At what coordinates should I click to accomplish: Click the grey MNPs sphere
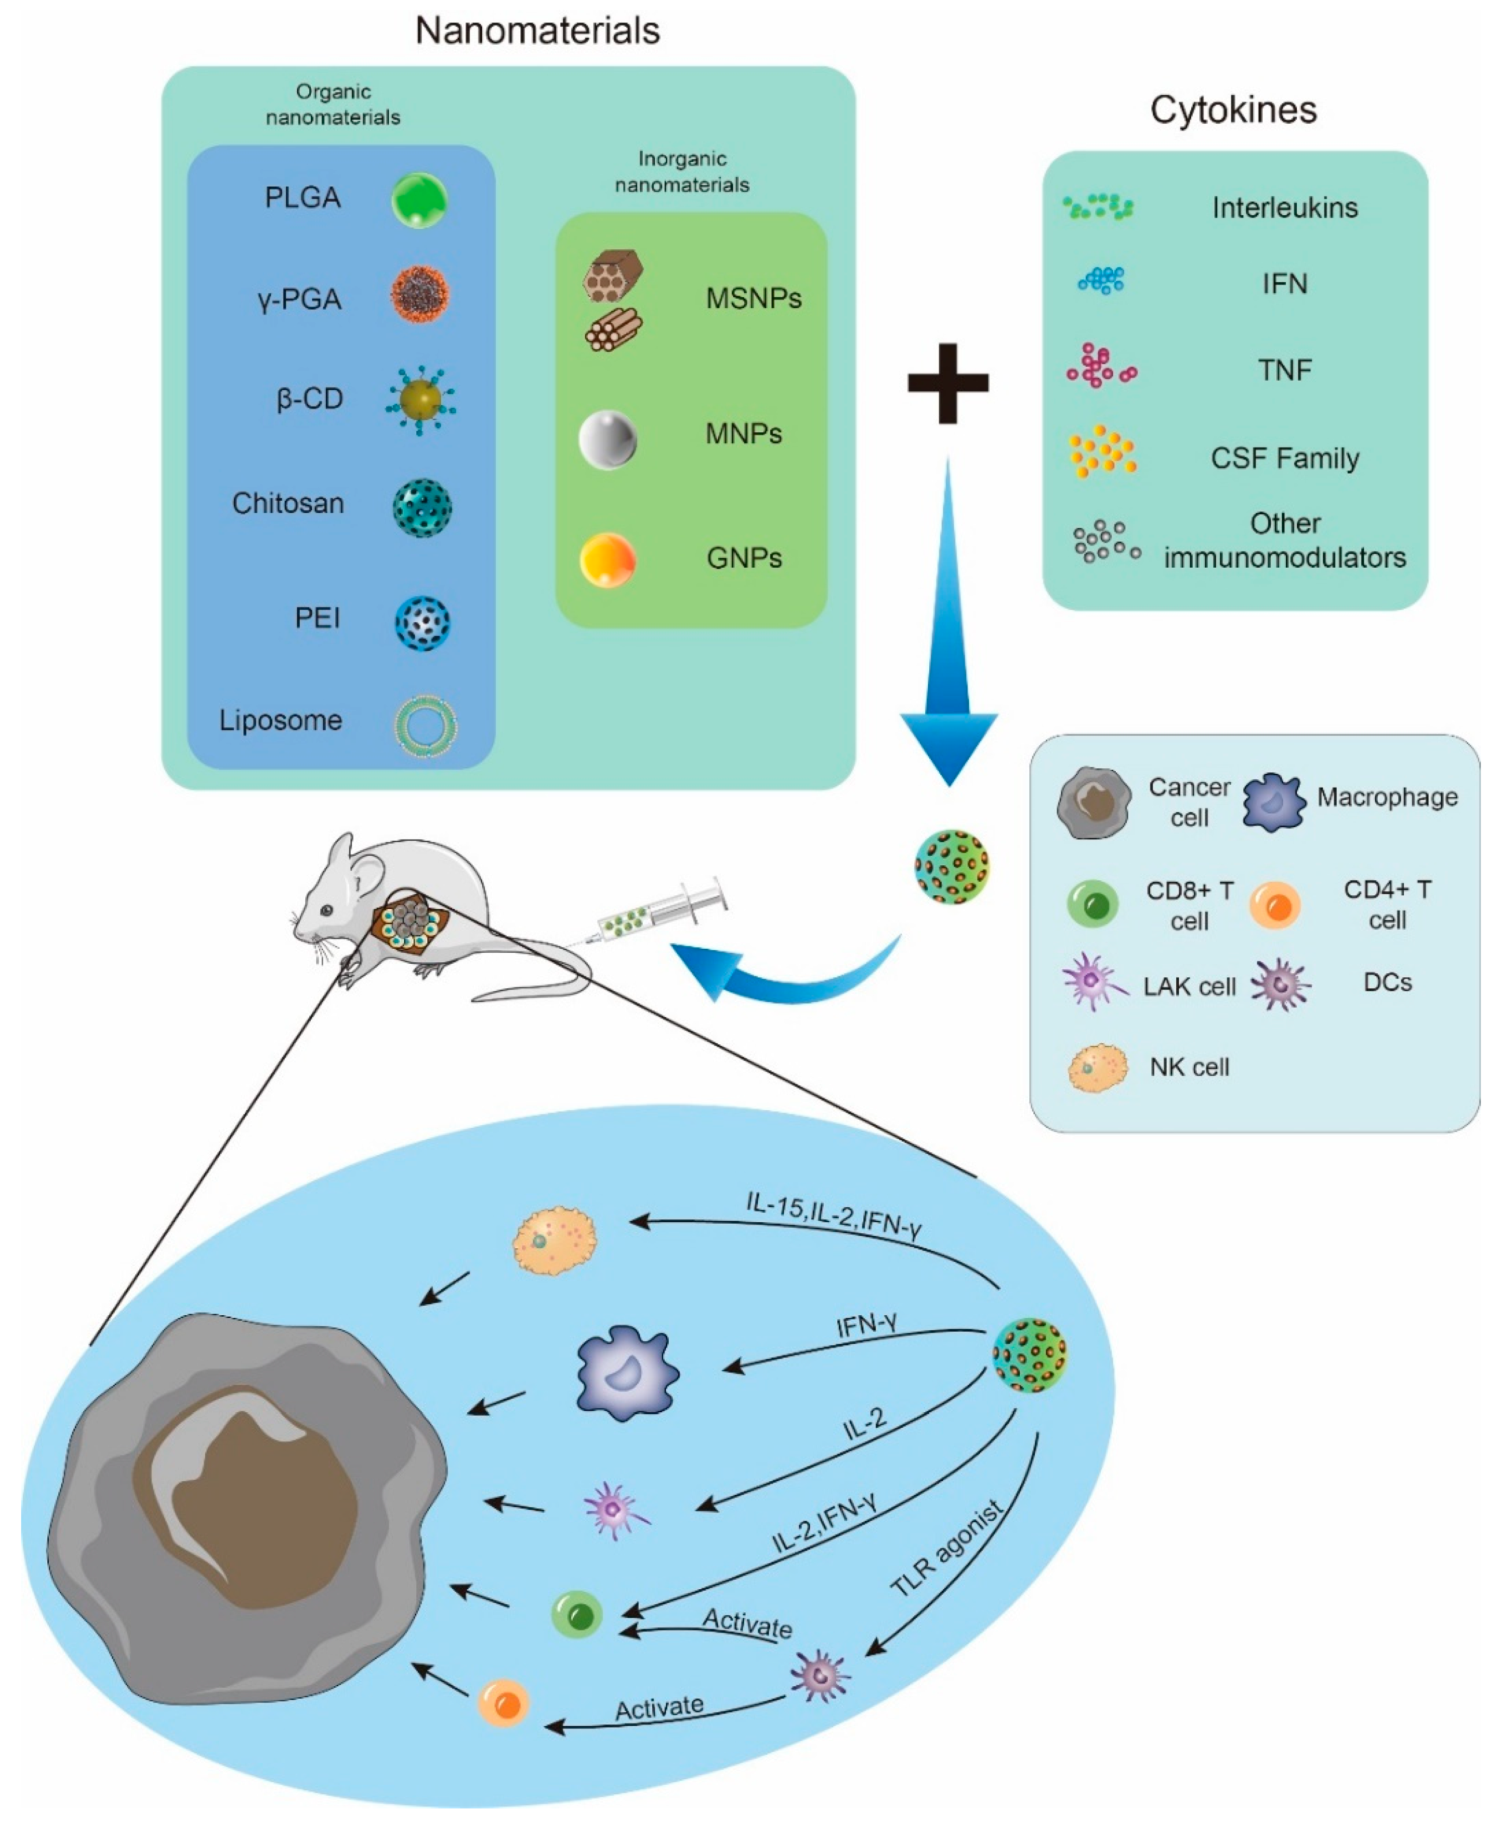(x=607, y=440)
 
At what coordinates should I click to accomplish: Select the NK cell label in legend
(x=1189, y=1068)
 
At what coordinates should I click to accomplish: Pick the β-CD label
(x=309, y=399)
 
